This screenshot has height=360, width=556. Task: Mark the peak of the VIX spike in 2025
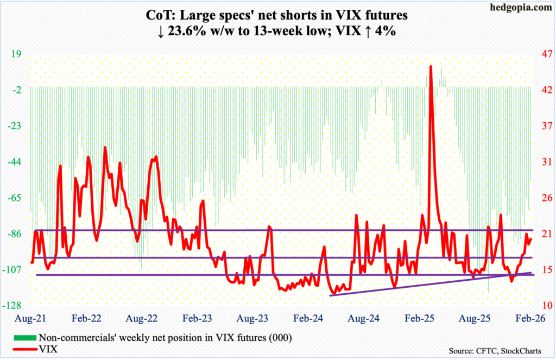coord(430,66)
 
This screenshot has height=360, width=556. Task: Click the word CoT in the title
coord(155,17)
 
